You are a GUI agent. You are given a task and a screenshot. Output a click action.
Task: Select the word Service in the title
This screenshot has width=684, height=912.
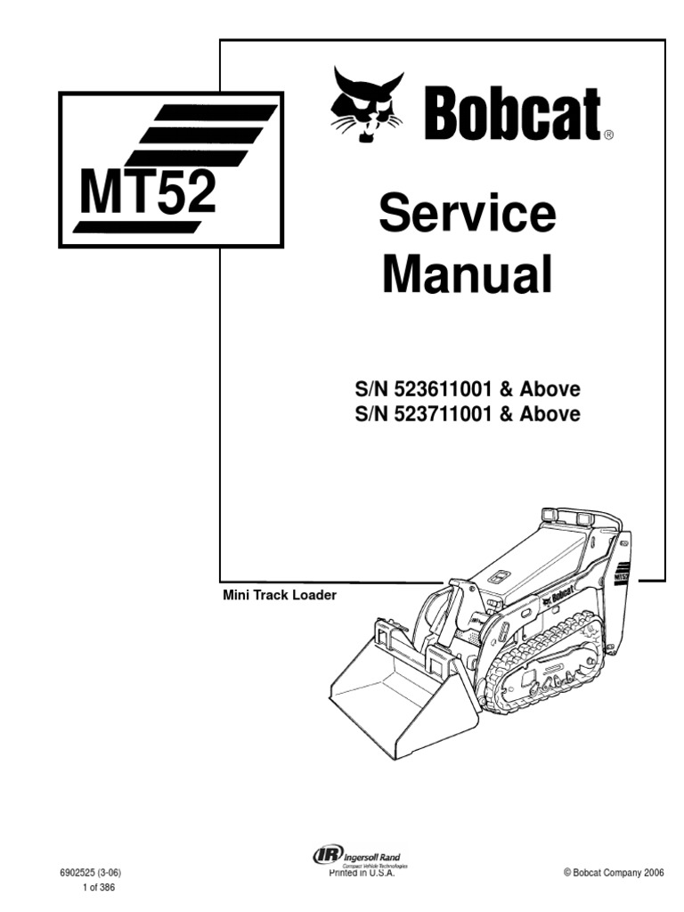pyautogui.click(x=468, y=215)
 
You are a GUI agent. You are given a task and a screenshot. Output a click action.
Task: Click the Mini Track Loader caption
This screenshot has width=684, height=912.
pyautogui.click(x=279, y=595)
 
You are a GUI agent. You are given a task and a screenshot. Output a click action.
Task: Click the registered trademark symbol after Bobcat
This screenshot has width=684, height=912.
pyautogui.click(x=608, y=136)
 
